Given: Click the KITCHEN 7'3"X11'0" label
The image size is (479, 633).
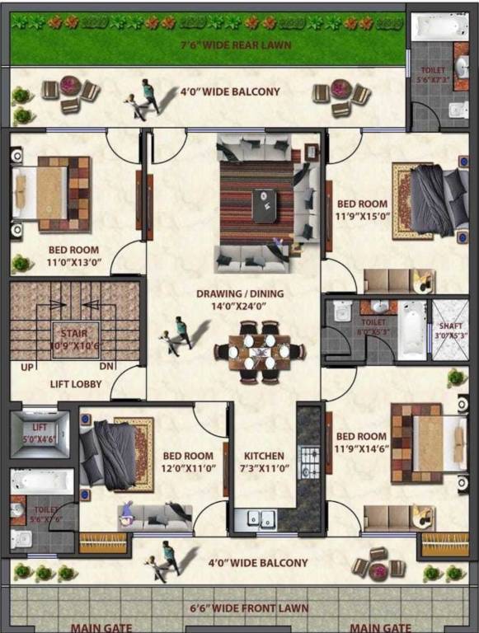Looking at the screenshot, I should click(264, 461).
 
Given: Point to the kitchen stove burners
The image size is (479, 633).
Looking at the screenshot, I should click(309, 457).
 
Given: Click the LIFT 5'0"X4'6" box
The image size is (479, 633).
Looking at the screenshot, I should click(39, 434).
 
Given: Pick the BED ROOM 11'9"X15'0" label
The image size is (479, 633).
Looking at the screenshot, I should click(362, 209).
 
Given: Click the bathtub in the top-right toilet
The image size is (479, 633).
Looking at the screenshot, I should click(439, 27).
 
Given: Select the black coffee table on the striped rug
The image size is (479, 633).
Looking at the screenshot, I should click(265, 205).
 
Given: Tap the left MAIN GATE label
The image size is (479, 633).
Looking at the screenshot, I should click(101, 626).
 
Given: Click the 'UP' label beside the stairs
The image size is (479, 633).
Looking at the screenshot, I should click(27, 368).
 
